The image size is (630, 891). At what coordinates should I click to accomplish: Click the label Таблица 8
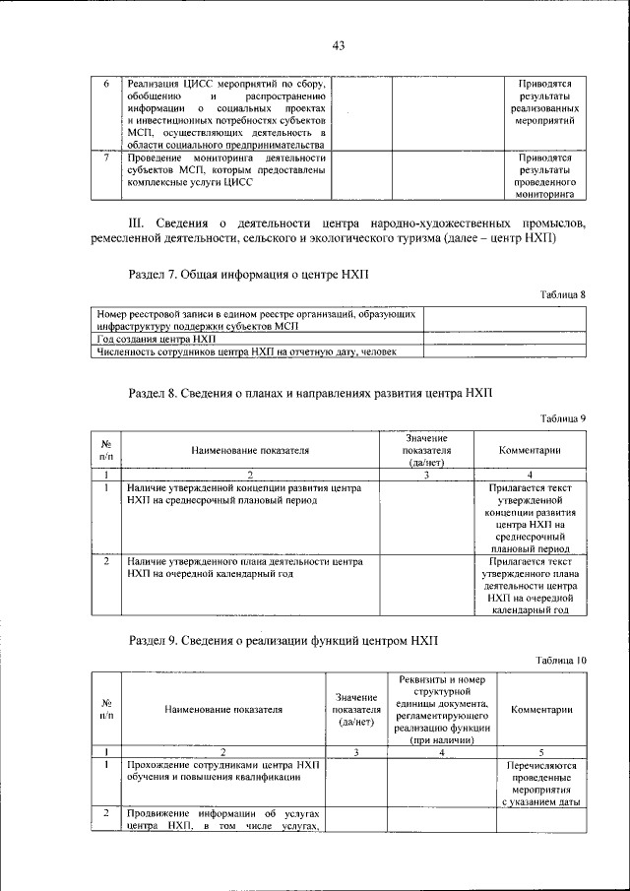point(563,294)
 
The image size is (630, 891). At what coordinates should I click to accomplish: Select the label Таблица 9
point(563,418)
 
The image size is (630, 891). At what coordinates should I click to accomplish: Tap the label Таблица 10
point(561,661)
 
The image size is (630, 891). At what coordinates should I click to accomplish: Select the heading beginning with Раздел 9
point(283,641)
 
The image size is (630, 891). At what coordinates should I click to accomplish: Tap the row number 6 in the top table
point(106,84)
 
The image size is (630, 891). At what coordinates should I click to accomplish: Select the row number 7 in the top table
point(106,157)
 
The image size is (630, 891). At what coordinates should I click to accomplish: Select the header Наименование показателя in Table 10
point(223,708)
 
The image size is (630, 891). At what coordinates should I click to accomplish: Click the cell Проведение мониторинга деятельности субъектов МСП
point(225,169)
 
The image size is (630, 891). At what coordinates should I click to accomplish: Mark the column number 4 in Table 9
point(530,475)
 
